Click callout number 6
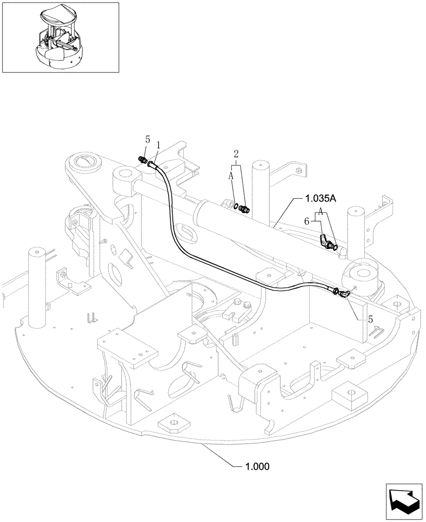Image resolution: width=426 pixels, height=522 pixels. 312,221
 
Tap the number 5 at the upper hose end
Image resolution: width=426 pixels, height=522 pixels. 147,140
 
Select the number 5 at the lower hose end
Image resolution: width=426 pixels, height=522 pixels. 371,319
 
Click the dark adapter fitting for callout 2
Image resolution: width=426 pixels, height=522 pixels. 244,209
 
